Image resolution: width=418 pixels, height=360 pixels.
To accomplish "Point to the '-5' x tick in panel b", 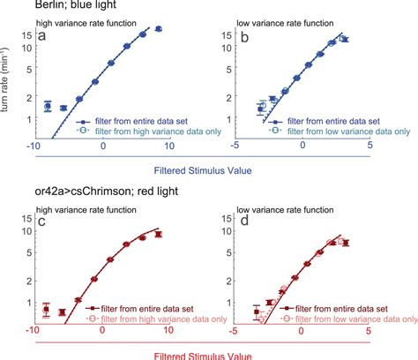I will pos(235,146).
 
